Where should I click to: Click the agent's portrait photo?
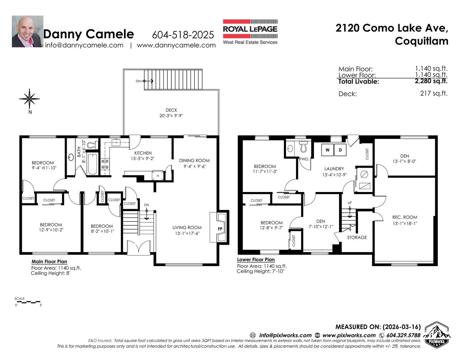pyautogui.click(x=28, y=32)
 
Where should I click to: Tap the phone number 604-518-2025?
pyautogui.click(x=183, y=35)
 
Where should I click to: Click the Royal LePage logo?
pyautogui.click(x=250, y=32)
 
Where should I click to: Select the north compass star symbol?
pyautogui.click(x=29, y=99)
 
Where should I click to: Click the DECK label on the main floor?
pyautogui.click(x=171, y=110)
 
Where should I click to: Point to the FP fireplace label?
pyautogui.click(x=220, y=229)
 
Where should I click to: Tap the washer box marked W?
pyautogui.click(x=327, y=150)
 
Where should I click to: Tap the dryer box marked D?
pyautogui.click(x=340, y=150)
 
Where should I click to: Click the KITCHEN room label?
pyautogui.click(x=143, y=153)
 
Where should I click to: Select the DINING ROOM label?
pyautogui.click(x=194, y=160)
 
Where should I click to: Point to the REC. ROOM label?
pyautogui.click(x=405, y=217)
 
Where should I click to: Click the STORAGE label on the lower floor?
pyautogui.click(x=357, y=237)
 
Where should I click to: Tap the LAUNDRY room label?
pyautogui.click(x=334, y=169)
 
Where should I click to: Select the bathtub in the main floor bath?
pyautogui.click(x=92, y=164)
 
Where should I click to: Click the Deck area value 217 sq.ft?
pyautogui.click(x=434, y=93)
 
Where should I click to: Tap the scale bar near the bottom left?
pyautogui.click(x=29, y=302)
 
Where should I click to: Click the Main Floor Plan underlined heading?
pyautogui.click(x=49, y=261)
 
